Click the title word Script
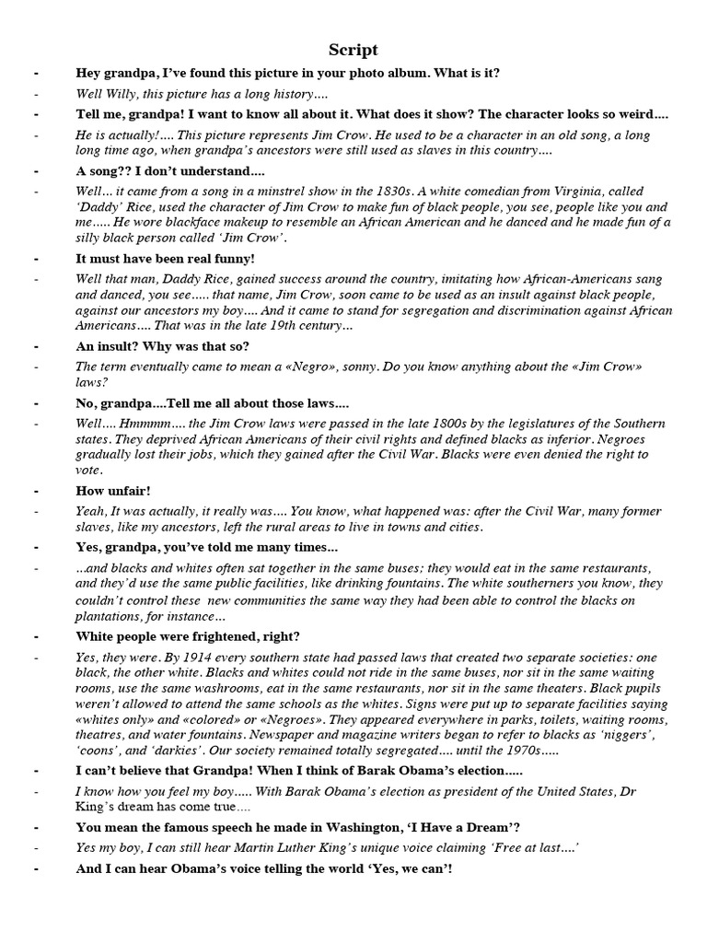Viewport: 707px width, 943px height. pyautogui.click(x=353, y=50)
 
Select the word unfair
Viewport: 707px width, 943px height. pyautogui.click(x=130, y=491)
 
